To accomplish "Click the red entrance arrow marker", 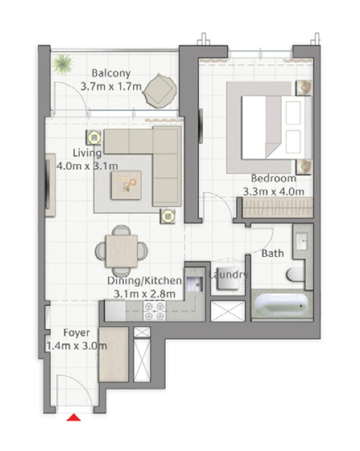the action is click(x=74, y=418).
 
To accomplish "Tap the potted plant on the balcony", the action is click(x=63, y=63).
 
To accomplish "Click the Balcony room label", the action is click(x=111, y=73).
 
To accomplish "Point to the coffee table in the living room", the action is click(x=126, y=185).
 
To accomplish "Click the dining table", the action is click(x=121, y=251).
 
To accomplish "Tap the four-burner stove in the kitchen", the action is click(x=155, y=311).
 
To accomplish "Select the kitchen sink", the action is click(x=195, y=284).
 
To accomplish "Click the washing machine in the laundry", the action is click(x=228, y=281).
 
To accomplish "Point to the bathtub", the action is click(x=281, y=305).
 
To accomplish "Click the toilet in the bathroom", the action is click(x=296, y=275).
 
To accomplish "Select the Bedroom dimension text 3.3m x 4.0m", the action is click(x=273, y=191).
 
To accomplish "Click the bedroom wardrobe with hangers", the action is click(x=278, y=207).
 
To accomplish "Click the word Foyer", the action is click(x=76, y=332).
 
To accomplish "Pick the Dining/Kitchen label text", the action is click(x=145, y=281).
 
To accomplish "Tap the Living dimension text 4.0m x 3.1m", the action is click(x=87, y=166).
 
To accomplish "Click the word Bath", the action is click(x=273, y=253).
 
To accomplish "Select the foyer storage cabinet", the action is click(x=114, y=354).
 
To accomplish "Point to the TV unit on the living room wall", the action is click(x=50, y=185).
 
